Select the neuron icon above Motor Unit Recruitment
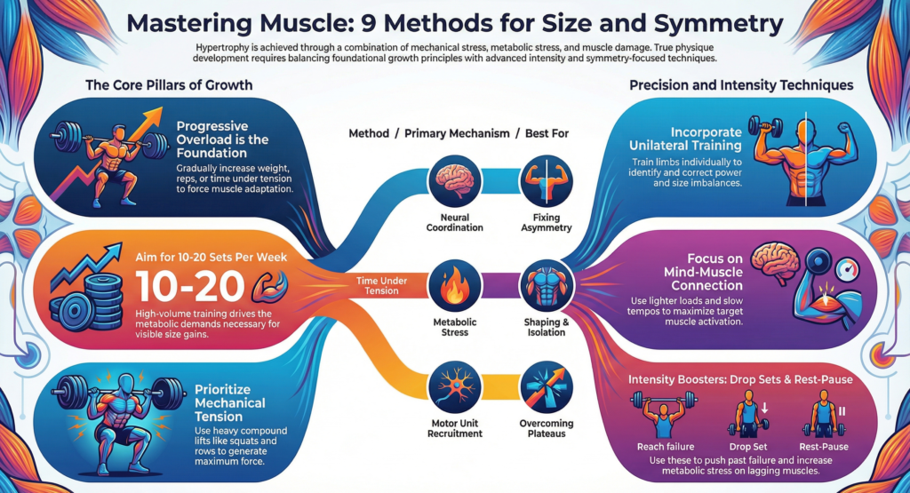pyautogui.click(x=449, y=386)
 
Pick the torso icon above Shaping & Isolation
pyautogui.click(x=541, y=287)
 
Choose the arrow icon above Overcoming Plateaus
pyautogui.click(x=541, y=386)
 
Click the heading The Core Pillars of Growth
pyautogui.click(x=169, y=85)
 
